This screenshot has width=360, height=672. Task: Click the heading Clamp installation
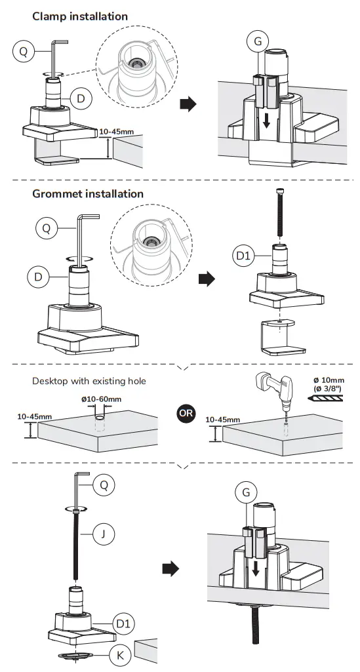tap(80, 16)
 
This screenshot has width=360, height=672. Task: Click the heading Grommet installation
tap(88, 194)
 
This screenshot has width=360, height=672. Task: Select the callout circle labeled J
tap(102, 534)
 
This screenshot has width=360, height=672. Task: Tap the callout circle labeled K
tap(119, 654)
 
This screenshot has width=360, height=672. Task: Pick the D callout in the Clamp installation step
tap(81, 99)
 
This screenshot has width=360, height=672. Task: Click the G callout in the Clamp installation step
tap(258, 42)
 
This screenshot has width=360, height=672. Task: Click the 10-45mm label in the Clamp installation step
tap(117, 131)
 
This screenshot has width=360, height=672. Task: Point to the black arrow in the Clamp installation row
tap(188, 104)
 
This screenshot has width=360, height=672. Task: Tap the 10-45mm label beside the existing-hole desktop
tap(35, 416)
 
